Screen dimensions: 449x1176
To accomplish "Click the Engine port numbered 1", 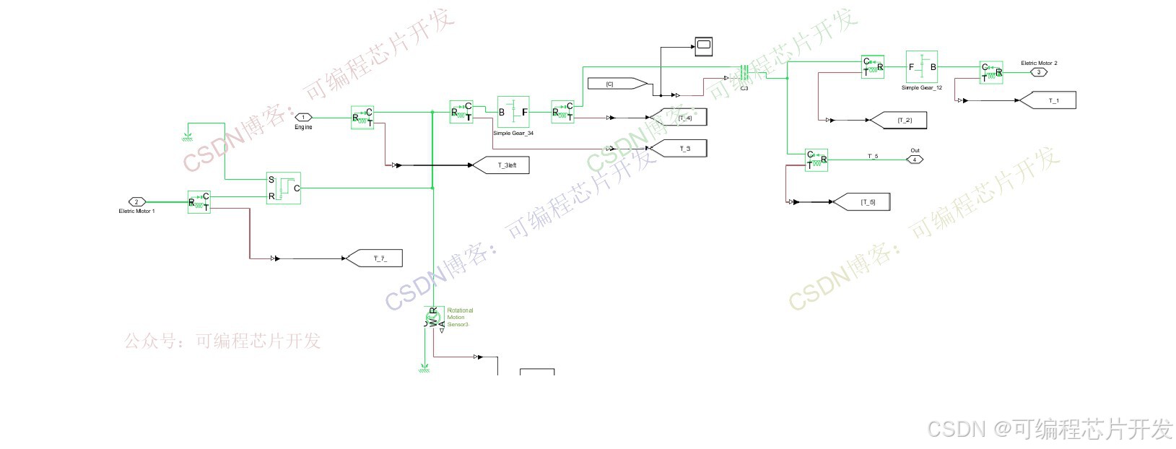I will (x=303, y=117).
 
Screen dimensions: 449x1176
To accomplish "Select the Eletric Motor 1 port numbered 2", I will (x=137, y=201).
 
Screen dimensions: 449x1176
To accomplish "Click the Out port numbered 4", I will (x=915, y=160).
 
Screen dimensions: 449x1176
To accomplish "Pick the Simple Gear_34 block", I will (x=513, y=112).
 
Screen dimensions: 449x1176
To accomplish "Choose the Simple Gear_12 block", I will (x=921, y=67).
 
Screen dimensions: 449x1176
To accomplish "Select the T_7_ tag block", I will (x=375, y=258).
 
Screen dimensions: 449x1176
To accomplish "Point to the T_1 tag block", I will (x=1048, y=100).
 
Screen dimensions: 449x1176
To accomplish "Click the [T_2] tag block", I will (x=900, y=120).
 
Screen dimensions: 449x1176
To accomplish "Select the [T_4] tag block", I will (x=679, y=117).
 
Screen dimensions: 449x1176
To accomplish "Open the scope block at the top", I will (x=704, y=46).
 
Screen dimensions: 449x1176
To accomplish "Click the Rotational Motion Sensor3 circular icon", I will (x=433, y=317).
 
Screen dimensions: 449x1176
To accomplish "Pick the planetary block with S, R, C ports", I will (x=283, y=188).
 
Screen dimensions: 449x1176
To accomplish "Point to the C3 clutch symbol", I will (x=744, y=74).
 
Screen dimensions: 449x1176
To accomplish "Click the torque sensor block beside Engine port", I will (x=362, y=118).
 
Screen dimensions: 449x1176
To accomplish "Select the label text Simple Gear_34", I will (x=513, y=134).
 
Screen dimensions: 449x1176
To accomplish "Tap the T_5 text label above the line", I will (x=872, y=156).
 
